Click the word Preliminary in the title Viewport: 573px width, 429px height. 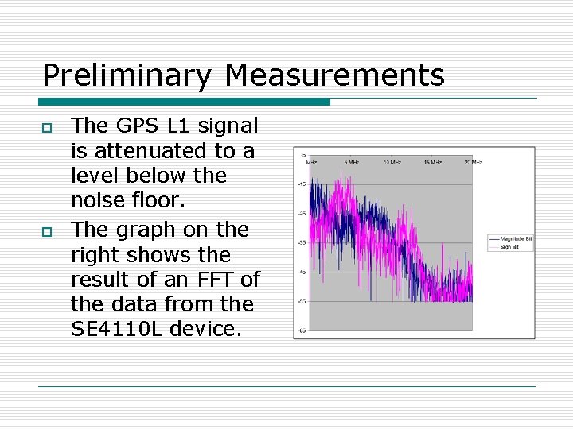click(127, 76)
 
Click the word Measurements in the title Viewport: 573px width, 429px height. click(334, 76)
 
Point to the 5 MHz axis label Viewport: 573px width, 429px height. click(350, 162)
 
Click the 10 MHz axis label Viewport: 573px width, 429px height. click(391, 162)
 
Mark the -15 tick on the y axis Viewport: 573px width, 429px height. click(302, 184)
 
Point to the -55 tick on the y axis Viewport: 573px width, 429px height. click(302, 301)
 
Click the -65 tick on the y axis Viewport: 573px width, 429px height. click(302, 330)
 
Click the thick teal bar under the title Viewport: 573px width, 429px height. click(184, 102)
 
